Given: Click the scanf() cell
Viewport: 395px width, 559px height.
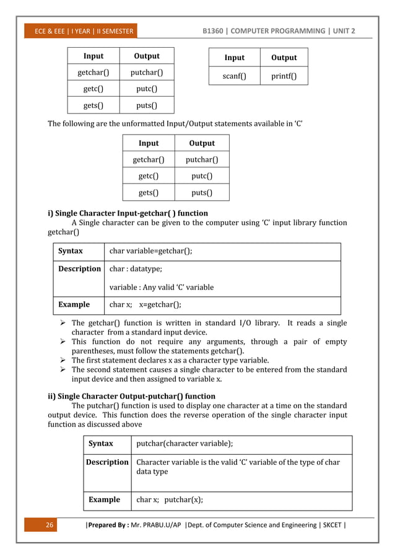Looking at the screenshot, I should click(x=234, y=77).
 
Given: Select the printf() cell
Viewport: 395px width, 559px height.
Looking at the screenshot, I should click(x=284, y=77).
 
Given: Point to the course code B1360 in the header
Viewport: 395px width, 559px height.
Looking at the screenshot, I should click(x=218, y=31).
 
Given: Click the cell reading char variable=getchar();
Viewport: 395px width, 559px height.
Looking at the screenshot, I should click(x=150, y=251).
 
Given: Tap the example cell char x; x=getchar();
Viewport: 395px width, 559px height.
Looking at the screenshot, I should click(x=145, y=305).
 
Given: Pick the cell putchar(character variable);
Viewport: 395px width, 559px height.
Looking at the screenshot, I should click(x=184, y=444).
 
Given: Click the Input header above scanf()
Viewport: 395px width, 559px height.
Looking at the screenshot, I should click(x=234, y=58).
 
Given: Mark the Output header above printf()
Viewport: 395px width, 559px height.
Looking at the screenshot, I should click(x=284, y=58).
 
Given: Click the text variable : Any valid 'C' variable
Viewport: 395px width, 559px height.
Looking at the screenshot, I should click(x=162, y=288).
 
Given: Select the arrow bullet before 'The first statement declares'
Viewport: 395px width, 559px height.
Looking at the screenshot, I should click(x=63, y=361).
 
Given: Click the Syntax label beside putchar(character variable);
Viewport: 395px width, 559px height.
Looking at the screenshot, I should click(x=101, y=444).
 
